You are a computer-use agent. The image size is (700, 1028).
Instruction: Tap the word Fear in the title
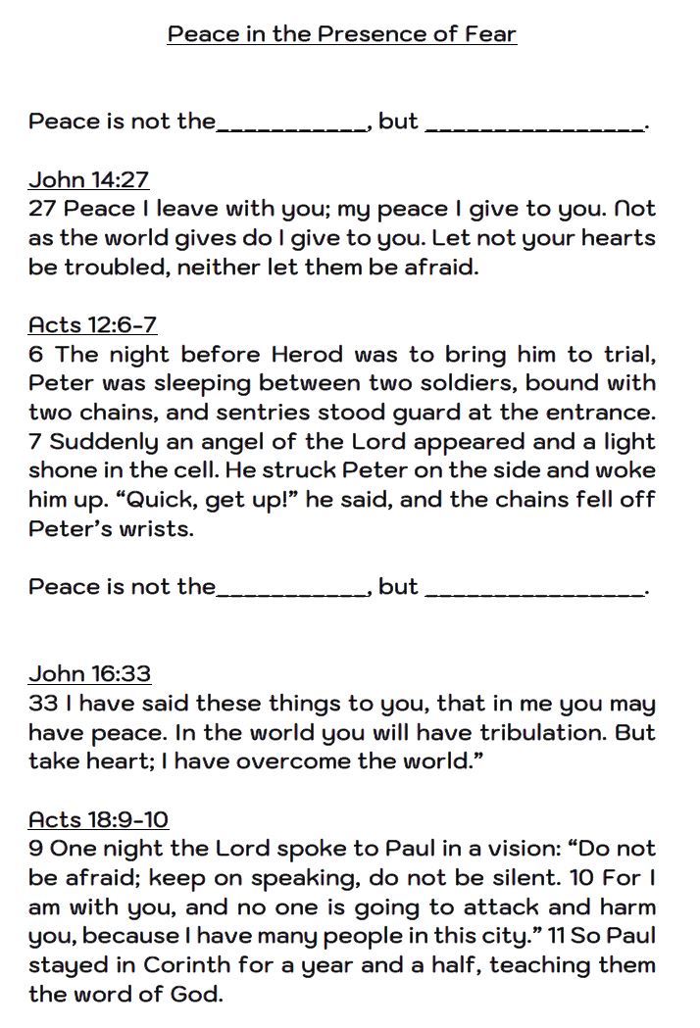pyautogui.click(x=490, y=34)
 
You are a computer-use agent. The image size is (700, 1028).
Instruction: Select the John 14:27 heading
pyautogui.click(x=88, y=179)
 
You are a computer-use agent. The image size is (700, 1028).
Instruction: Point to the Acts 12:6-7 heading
pyautogui.click(x=92, y=324)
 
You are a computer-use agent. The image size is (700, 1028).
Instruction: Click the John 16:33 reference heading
pyautogui.click(x=89, y=673)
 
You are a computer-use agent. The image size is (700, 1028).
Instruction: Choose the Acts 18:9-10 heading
pyautogui.click(x=98, y=818)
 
